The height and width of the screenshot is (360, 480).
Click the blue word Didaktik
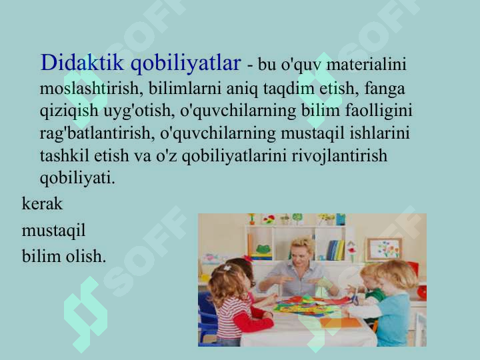point(83,63)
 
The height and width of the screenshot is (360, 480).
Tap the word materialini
point(367,64)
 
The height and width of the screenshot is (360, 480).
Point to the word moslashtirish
point(91,88)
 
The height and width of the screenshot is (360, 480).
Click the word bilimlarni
point(185,88)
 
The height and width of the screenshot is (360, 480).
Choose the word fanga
point(385,89)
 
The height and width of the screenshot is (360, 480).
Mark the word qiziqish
point(69,111)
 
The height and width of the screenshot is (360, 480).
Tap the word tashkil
point(65,155)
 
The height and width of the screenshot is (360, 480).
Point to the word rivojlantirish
point(339,155)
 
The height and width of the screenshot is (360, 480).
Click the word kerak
point(42,203)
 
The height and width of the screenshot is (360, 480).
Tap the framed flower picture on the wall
point(385,249)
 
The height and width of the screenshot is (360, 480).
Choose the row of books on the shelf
point(335,250)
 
